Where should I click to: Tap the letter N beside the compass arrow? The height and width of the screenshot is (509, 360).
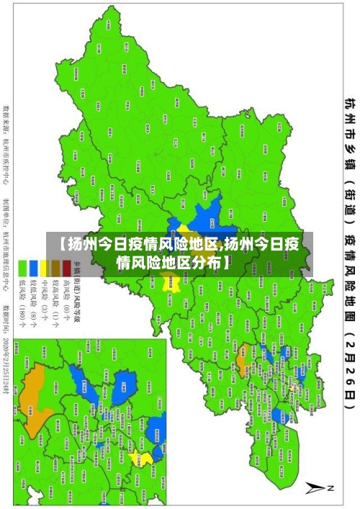click(331, 489)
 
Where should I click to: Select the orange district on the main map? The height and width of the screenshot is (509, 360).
click(243, 335)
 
